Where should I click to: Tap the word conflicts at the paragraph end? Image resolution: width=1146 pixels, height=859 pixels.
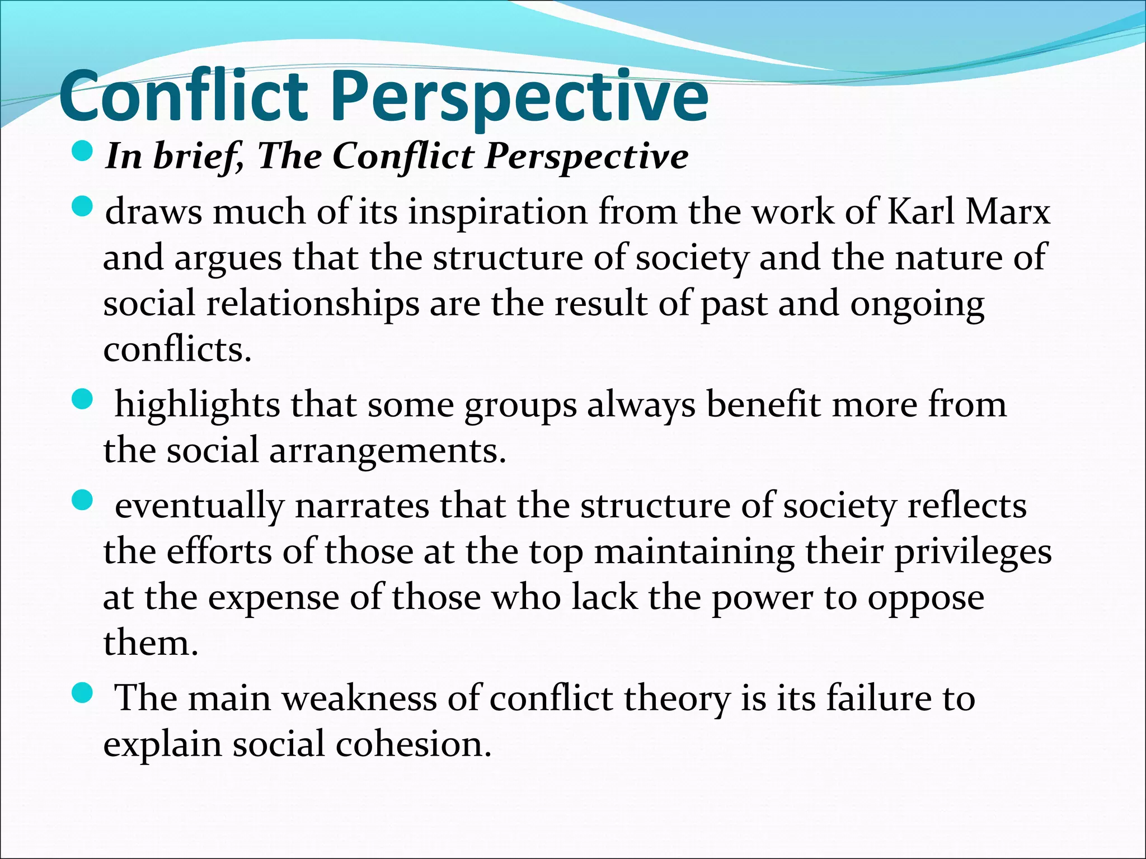[x=177, y=350]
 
